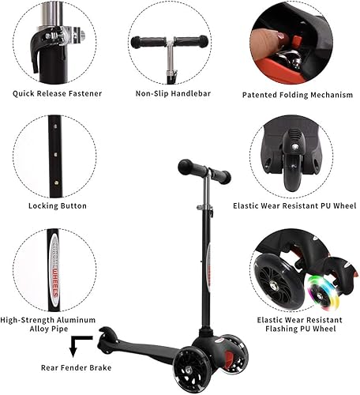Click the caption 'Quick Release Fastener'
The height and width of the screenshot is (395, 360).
tap(57, 93)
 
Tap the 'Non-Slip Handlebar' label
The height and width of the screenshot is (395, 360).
tap(169, 93)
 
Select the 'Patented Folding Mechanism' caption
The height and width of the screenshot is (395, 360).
tap(297, 95)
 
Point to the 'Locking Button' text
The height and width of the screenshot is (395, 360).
tap(57, 205)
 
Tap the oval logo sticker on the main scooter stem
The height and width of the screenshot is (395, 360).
tap(208, 266)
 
